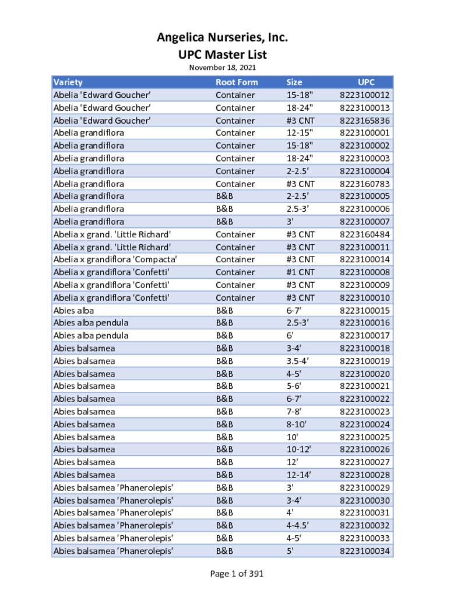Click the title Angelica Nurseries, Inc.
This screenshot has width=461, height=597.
click(222, 38)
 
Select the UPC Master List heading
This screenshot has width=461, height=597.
click(222, 55)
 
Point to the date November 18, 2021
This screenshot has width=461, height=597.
click(222, 68)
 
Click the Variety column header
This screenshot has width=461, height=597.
click(68, 82)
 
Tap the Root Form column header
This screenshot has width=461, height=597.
click(237, 82)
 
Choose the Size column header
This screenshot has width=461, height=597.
click(294, 82)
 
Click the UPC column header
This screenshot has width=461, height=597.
click(367, 82)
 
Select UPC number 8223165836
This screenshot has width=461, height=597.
click(365, 121)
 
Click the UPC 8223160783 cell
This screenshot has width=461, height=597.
click(365, 184)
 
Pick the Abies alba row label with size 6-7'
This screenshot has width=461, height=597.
click(73, 311)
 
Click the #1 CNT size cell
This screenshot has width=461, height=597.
click(301, 272)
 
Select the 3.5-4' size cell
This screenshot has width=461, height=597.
click(298, 361)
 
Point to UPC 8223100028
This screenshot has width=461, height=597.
click(365, 475)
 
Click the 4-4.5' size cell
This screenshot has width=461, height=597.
click(298, 526)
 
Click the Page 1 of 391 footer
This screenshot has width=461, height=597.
click(237, 574)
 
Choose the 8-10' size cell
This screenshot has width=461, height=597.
click(297, 424)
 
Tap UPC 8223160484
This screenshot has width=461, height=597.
click(365, 234)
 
